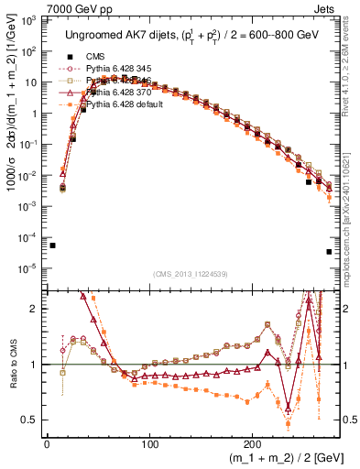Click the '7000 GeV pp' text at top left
point(37,8)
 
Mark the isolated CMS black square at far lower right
point(329,252)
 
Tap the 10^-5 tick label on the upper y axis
point(29,268)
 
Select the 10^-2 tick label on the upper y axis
point(29,176)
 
